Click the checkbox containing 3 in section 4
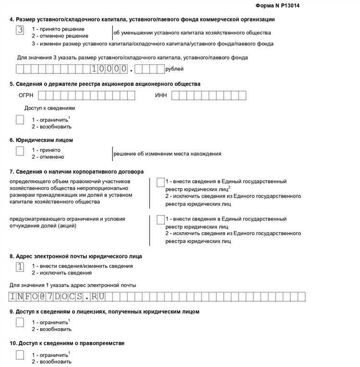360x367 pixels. [x=20, y=30]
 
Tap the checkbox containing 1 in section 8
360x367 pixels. [x=20, y=267]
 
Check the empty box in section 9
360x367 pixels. [x=20, y=323]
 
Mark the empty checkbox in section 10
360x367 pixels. [x=20, y=355]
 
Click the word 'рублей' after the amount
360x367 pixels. [x=174, y=69]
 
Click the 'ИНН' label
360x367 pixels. [x=161, y=95]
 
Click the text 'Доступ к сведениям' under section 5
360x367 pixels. [x=49, y=108]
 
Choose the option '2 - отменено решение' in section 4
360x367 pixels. [x=60, y=36]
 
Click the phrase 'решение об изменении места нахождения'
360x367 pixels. [x=167, y=154]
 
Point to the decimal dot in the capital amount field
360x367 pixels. [x=131, y=70]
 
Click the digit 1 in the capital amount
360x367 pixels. [x=95, y=69]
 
